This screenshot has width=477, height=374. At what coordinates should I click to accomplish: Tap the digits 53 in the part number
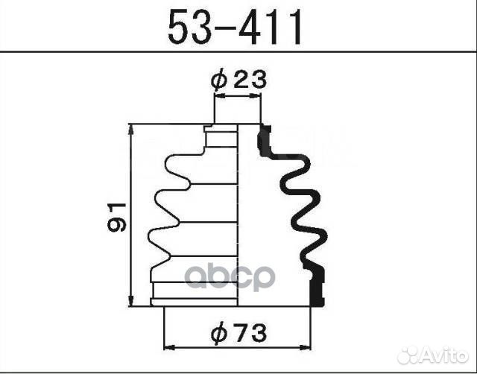point(188,28)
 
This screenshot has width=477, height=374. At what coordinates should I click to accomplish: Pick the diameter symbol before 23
point(218,80)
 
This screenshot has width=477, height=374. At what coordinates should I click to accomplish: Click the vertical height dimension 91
point(117,216)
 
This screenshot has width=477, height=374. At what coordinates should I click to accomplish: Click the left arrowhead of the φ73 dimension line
point(168,348)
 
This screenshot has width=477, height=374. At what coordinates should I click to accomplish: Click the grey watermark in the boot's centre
point(230,277)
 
